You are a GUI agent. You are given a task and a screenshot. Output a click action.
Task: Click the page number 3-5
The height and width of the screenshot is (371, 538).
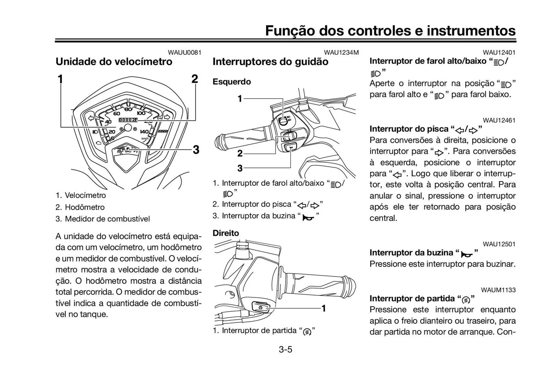pos(285,349)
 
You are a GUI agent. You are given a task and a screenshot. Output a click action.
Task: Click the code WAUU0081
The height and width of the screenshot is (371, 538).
pos(184,52)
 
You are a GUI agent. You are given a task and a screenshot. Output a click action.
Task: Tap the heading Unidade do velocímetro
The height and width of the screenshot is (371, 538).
pos(114,62)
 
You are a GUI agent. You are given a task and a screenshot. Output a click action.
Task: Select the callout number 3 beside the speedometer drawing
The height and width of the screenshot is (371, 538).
pos(196,150)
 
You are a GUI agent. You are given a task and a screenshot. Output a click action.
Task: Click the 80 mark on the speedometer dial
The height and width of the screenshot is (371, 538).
pos(128,109)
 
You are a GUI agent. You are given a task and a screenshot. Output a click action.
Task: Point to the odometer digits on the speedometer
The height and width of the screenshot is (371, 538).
pos(128,120)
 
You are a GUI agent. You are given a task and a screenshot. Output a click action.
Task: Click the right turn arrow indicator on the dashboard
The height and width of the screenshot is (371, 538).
pos(167,117)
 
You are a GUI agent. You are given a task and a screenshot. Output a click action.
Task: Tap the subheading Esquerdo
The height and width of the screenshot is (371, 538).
pos(231,82)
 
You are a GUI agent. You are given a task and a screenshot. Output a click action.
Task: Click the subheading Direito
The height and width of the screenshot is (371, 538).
pos(226,233)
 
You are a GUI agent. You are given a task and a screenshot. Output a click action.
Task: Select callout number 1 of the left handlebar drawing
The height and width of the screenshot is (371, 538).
pos(240,99)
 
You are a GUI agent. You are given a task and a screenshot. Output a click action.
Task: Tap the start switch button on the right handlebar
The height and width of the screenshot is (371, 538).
pos(261,307)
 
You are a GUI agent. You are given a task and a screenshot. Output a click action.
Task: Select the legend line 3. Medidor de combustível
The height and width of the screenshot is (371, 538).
pos(103,219)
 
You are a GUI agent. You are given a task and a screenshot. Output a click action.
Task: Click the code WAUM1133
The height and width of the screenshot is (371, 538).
pos(498,290)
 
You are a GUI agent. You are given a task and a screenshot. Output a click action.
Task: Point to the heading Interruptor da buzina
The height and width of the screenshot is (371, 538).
pos(411,253)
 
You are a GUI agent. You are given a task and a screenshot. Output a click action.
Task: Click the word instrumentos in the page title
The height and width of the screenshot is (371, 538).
pos(471,31)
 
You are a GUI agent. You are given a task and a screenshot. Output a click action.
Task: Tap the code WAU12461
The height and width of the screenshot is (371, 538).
pos(499,120)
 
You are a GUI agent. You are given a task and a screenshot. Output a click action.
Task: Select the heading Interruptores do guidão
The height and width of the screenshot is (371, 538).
pos(270,62)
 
